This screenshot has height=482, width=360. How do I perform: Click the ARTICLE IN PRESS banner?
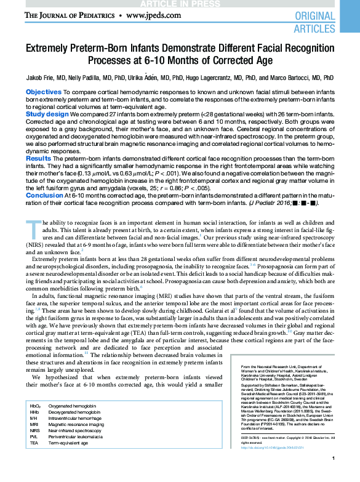[180, 3]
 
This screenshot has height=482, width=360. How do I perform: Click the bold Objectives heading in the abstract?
[43, 92]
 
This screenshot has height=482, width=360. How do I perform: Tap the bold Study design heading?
[47, 114]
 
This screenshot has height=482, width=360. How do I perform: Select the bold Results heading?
[39, 158]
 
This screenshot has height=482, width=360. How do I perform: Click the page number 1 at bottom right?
[332, 475]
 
